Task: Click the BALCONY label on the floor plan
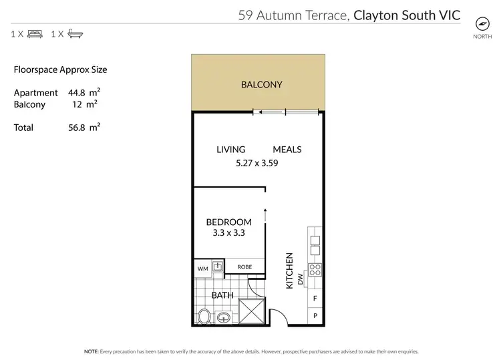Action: [x=261, y=85]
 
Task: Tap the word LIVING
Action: [x=230, y=150]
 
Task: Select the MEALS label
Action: [x=287, y=150]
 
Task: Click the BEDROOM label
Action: [x=228, y=222]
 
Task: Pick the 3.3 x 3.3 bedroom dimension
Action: [x=228, y=234]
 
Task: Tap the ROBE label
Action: [x=246, y=267]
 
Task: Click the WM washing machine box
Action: [x=203, y=268]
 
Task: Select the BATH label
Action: [x=222, y=295]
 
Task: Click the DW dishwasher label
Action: [x=301, y=278]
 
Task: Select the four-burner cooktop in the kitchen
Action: [x=316, y=271]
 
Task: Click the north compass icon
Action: [x=482, y=22]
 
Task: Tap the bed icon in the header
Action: [x=35, y=34]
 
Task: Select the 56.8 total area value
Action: [x=78, y=127]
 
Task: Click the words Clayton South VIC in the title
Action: [x=407, y=14]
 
